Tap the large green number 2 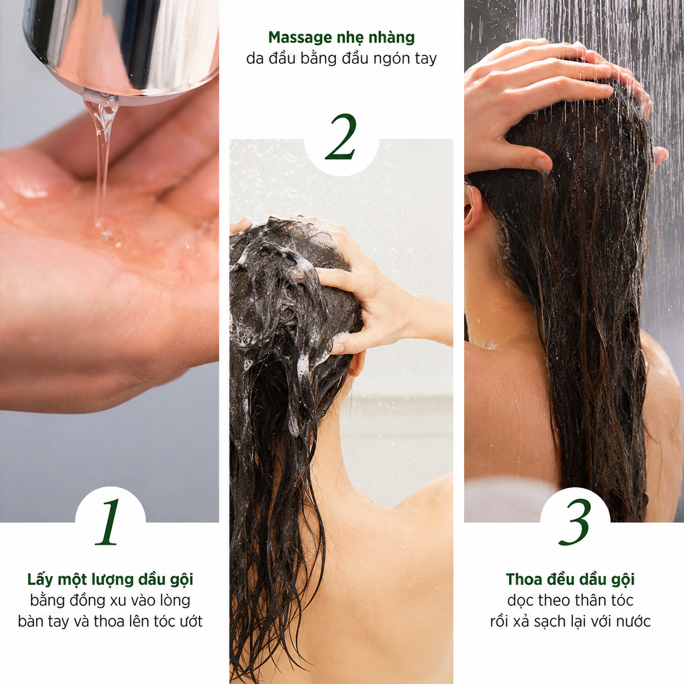[x=341, y=137]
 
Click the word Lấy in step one [x=40, y=579]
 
